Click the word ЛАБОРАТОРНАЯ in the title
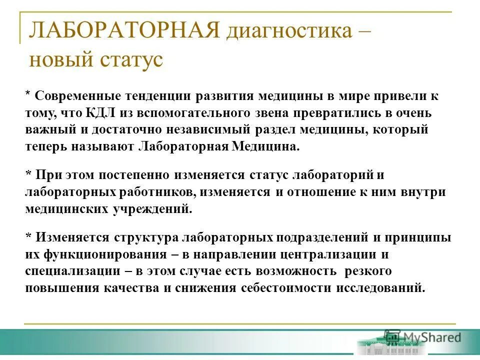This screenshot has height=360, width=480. tap(124, 31)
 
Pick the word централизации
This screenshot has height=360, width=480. tap(324, 254)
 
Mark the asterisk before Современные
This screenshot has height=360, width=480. tap(28, 95)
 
